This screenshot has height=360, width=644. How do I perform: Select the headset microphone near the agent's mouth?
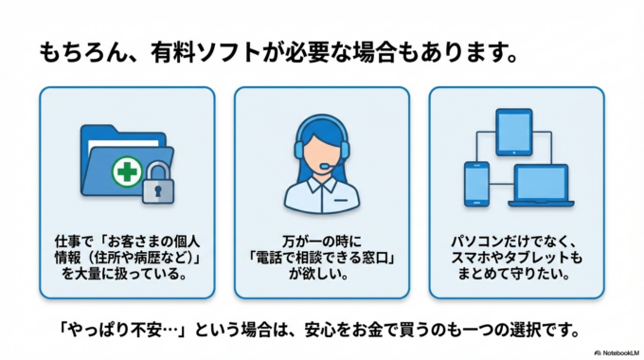[325, 168]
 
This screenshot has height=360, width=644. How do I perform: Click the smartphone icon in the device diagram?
[476, 182]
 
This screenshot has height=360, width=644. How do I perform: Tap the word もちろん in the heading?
[82, 51]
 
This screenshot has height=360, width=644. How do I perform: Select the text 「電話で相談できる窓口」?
[321, 258]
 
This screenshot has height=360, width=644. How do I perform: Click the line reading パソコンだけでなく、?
[516, 241]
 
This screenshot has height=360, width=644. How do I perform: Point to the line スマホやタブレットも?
[516, 258]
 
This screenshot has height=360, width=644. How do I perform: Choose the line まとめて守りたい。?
[516, 275]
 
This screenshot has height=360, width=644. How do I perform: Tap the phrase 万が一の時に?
[321, 241]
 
